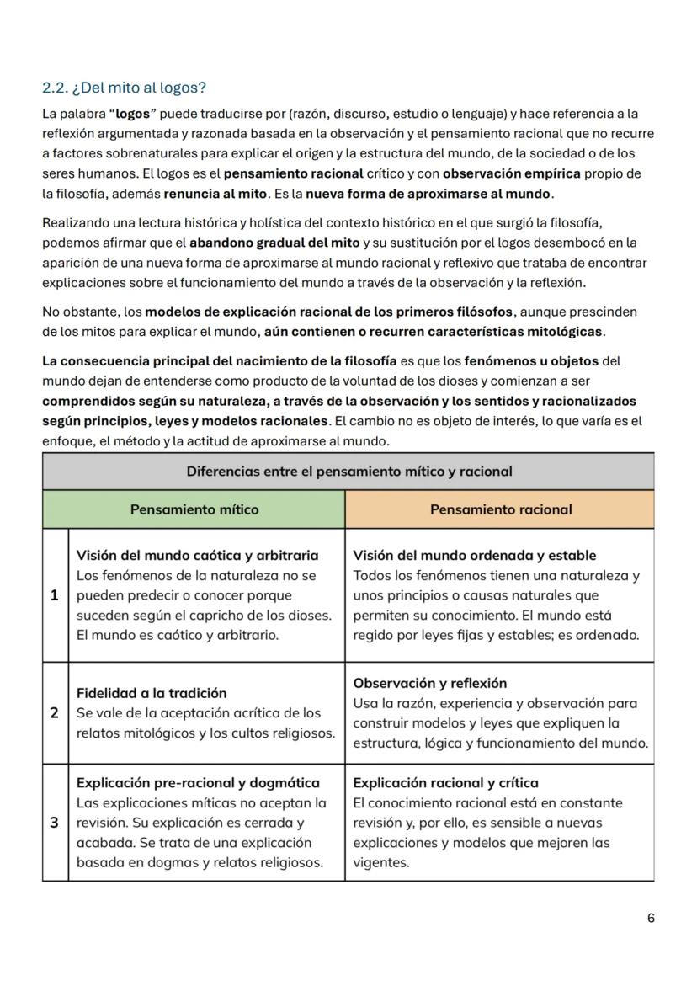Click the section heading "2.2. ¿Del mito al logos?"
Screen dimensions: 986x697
(124, 88)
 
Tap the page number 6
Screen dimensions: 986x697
(651, 918)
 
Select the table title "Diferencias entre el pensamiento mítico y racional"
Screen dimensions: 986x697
(348, 472)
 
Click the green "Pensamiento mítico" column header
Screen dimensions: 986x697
(194, 509)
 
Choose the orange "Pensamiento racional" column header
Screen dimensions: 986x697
(500, 509)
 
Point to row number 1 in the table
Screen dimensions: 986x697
(55, 595)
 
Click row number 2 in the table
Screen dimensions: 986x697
(55, 713)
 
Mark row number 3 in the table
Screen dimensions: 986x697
(55, 823)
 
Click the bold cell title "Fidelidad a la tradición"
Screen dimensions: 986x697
(152, 693)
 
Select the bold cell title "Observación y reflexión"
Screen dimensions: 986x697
(429, 683)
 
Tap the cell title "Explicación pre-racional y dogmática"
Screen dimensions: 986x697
(198, 782)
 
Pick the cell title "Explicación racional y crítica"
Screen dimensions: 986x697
(445, 782)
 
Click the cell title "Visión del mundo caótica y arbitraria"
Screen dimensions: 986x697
(197, 555)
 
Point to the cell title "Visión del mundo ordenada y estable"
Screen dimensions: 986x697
(474, 555)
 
